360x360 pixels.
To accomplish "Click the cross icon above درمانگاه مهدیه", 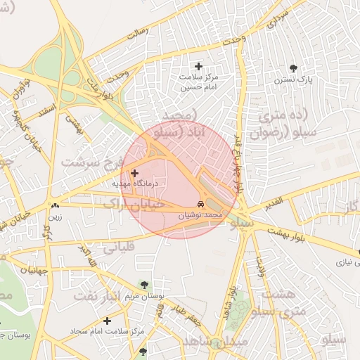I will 135,172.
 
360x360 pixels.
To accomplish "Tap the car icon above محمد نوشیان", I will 202,204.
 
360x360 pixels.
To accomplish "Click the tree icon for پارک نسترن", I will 293,68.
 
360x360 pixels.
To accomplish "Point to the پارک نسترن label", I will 293,80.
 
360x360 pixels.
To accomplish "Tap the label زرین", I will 55,217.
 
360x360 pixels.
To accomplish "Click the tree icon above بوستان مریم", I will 144,284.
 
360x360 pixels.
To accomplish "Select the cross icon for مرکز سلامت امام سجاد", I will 106,321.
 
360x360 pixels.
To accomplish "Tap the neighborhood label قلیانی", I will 120,247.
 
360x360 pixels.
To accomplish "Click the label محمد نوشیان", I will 202,215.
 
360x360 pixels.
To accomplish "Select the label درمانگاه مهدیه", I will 136,184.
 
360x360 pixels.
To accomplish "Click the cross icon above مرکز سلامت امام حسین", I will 198,66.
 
